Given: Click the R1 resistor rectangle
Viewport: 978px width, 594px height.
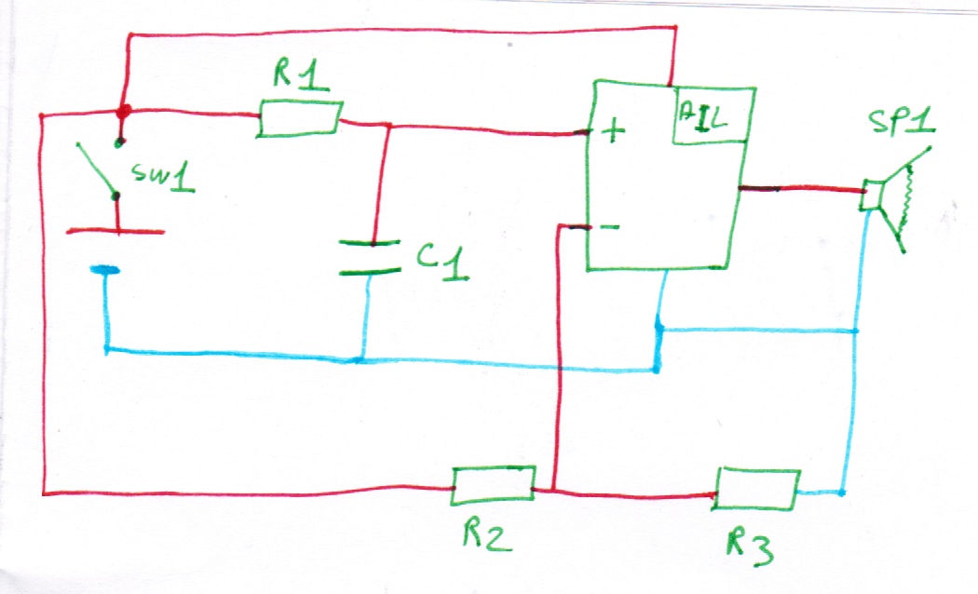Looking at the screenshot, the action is pos(300,120).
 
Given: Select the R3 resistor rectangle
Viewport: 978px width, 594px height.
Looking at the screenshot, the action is pos(757,489).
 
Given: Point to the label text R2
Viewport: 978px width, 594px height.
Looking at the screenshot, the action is pos(485,536).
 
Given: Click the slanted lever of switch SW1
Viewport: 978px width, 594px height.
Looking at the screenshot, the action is pos(97,169).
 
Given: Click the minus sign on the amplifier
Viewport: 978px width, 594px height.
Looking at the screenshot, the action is pos(607,226).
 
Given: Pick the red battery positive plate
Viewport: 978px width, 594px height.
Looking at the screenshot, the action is pos(115,231).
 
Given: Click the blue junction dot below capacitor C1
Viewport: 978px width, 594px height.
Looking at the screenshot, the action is pos(361,358).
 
